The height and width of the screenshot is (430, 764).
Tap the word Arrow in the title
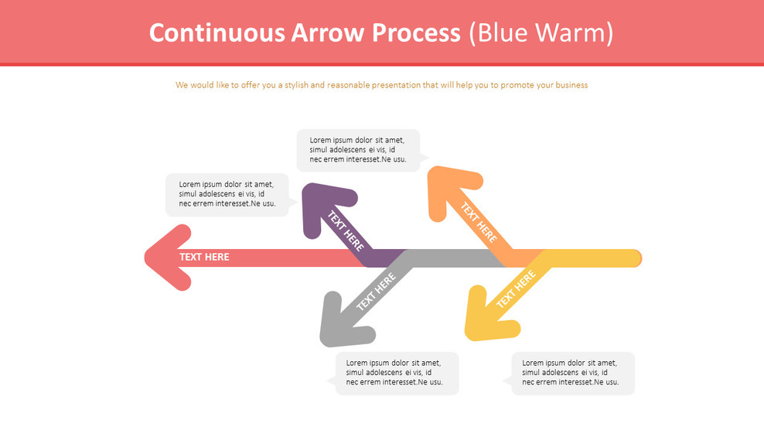click(328, 32)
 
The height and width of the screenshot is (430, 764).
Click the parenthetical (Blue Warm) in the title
click(541, 32)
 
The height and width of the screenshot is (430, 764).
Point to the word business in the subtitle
click(569, 85)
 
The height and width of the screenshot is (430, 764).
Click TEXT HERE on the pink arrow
click(204, 258)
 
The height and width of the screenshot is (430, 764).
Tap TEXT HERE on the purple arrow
click(346, 230)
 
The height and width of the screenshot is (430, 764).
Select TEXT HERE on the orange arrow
click(479, 222)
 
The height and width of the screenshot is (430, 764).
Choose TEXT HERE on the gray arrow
click(376, 292)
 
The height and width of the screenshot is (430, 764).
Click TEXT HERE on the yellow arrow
click(516, 289)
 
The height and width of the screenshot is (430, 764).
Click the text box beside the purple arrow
click(227, 194)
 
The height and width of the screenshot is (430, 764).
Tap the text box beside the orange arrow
click(358, 150)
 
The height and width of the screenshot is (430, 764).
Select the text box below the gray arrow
click(396, 373)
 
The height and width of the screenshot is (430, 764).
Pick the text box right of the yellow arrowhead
click(572, 373)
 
